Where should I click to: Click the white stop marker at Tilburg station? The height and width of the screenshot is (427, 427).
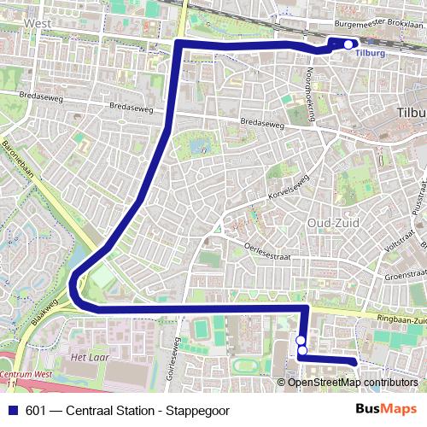coord(348,44)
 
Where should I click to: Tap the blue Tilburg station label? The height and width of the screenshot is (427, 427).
coord(370,54)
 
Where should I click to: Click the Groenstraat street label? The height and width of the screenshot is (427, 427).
coord(405,276)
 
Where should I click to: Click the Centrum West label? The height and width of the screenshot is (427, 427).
coord(26,375)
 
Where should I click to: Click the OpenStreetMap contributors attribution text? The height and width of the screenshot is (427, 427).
coord(354,383)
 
